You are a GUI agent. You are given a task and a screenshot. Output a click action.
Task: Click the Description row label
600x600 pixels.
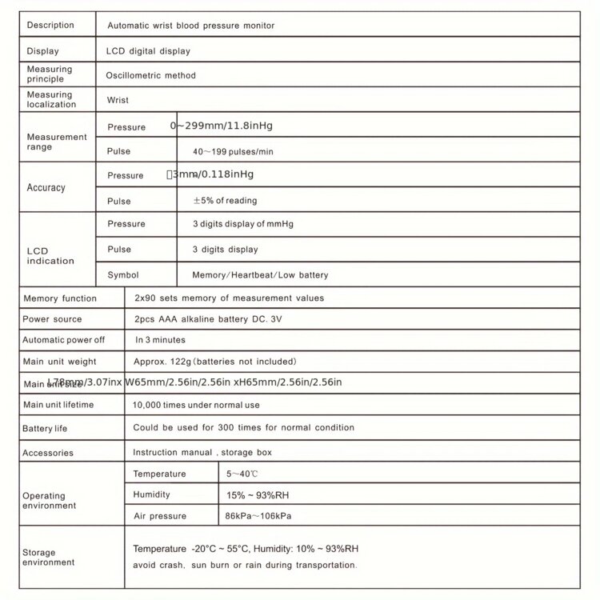[50, 25]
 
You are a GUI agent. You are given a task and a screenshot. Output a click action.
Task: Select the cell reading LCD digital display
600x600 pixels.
[148, 51]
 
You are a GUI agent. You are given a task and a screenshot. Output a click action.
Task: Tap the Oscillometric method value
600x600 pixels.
[151, 75]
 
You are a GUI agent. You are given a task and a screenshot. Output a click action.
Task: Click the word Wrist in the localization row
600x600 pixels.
[118, 101]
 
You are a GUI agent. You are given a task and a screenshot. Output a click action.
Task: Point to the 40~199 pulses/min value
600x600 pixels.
[233, 151]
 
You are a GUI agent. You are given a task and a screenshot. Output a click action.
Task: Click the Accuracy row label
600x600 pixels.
[46, 187]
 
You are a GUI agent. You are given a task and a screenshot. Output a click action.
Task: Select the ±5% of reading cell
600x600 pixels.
[225, 201]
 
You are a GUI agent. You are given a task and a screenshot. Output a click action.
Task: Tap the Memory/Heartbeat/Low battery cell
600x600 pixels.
[260, 275]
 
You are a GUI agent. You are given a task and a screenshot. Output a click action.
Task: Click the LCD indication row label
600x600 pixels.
[50, 256]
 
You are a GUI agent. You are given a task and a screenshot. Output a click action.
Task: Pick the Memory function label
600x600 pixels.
[60, 298]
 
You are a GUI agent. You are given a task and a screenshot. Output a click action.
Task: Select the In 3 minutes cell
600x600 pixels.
[160, 340]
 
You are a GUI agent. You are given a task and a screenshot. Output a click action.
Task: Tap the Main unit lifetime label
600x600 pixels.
[58, 405]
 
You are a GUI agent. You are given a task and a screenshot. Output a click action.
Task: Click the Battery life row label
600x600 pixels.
[45, 429]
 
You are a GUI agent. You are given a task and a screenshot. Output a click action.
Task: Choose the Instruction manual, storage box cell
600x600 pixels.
[202, 452]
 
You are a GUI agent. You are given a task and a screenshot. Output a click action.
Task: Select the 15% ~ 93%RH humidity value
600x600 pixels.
[261, 495]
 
